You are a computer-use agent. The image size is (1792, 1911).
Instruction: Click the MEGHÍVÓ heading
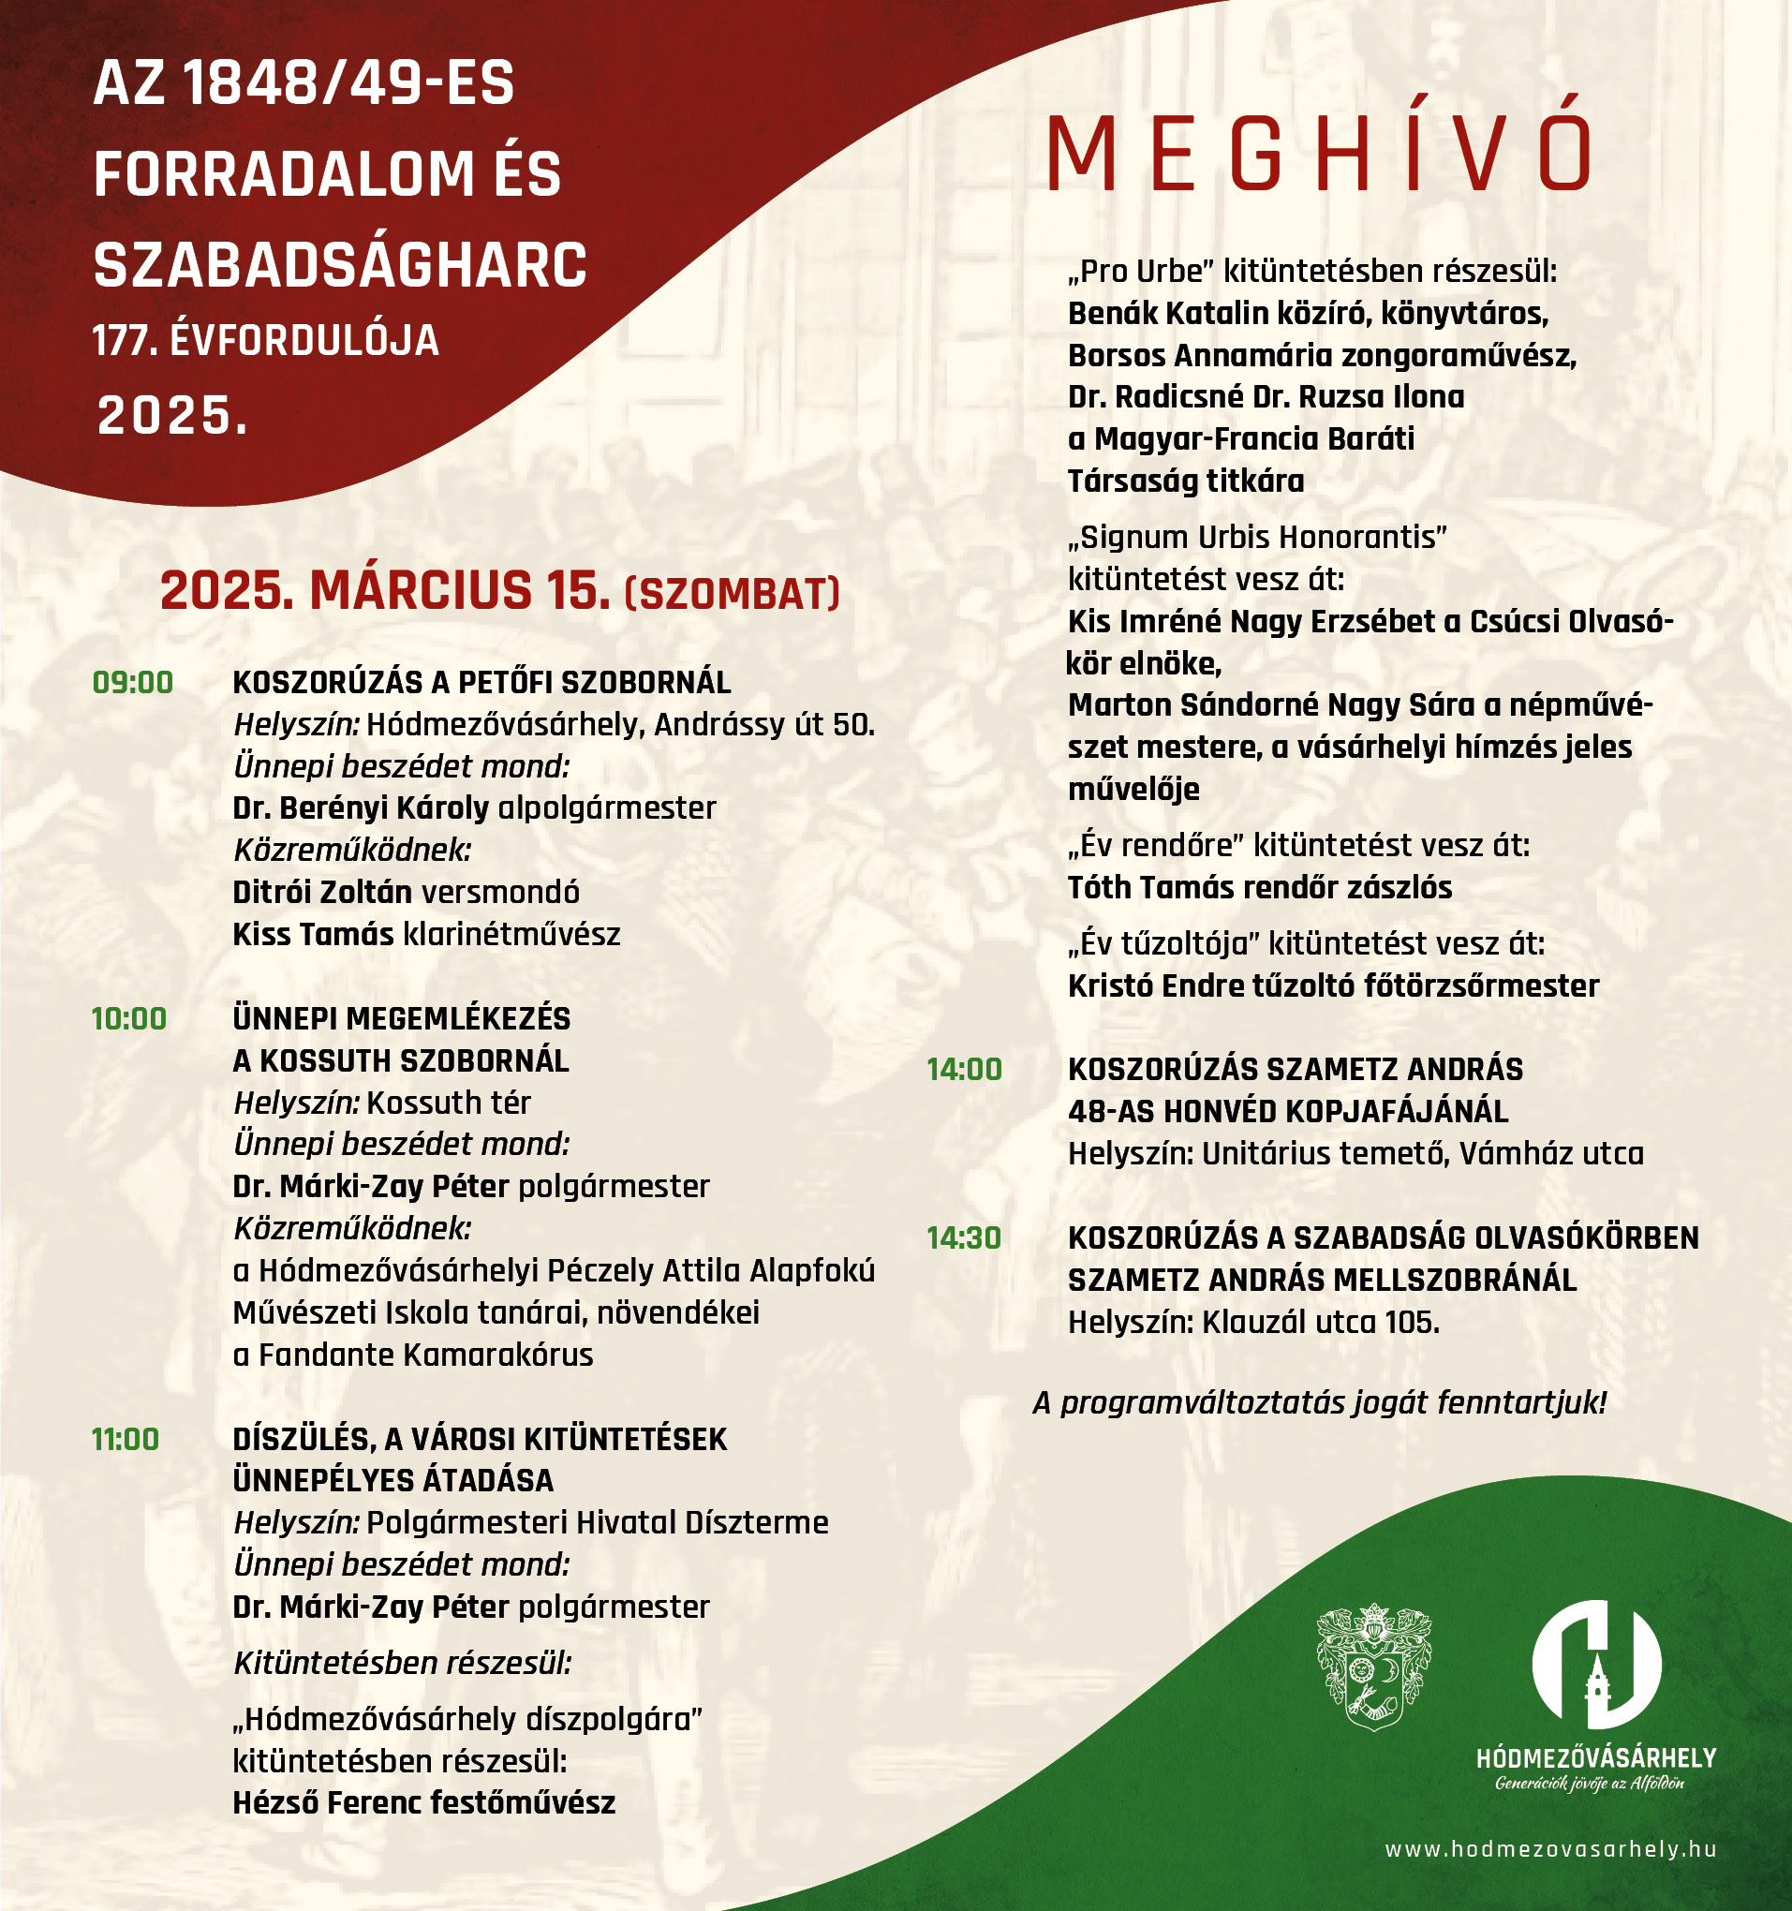pos(1318,154)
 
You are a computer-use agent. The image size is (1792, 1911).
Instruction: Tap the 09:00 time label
pos(133,683)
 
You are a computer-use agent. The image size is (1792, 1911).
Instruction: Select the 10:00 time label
pos(129,1019)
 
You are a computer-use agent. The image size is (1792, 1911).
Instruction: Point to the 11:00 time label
pos(126,1439)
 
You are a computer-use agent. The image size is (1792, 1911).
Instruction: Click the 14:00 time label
pos(964,1069)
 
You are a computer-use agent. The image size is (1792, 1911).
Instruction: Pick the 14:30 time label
pos(964,1238)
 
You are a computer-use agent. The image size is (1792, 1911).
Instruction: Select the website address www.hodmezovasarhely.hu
pos(1549,1849)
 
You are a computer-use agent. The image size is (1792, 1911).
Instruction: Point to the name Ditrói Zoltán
pos(322,892)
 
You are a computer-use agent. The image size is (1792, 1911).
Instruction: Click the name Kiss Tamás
pos(314,934)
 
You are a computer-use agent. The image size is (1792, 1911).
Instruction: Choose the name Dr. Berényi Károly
pos(361,807)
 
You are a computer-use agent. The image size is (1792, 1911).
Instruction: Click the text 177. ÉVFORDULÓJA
pos(265,341)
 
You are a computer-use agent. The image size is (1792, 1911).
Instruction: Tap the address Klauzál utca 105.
pos(1321,1323)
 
